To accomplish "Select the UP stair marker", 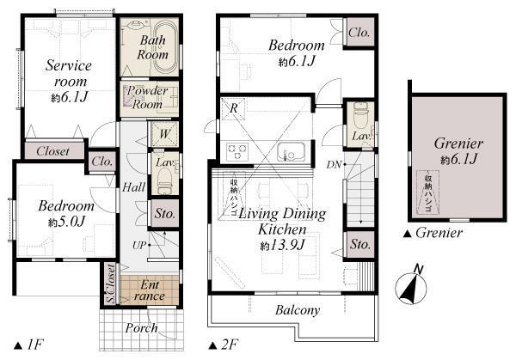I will pos(138,245).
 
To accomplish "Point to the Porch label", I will pos(142,327).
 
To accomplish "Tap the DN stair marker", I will pos(332,163).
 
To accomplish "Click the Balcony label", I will pos(298,310).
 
